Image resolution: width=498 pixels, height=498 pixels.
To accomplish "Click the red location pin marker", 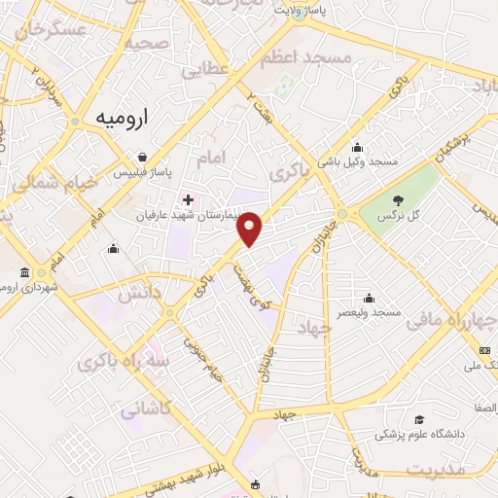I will click(x=251, y=228).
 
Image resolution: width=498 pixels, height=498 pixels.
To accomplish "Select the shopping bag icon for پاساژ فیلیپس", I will click(x=143, y=157).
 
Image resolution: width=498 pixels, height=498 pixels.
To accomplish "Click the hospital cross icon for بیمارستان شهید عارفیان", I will click(x=189, y=199).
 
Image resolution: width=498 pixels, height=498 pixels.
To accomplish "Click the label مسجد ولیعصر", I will click(x=371, y=313).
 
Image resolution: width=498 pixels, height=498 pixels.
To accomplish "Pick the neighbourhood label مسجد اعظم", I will click(x=304, y=58).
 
